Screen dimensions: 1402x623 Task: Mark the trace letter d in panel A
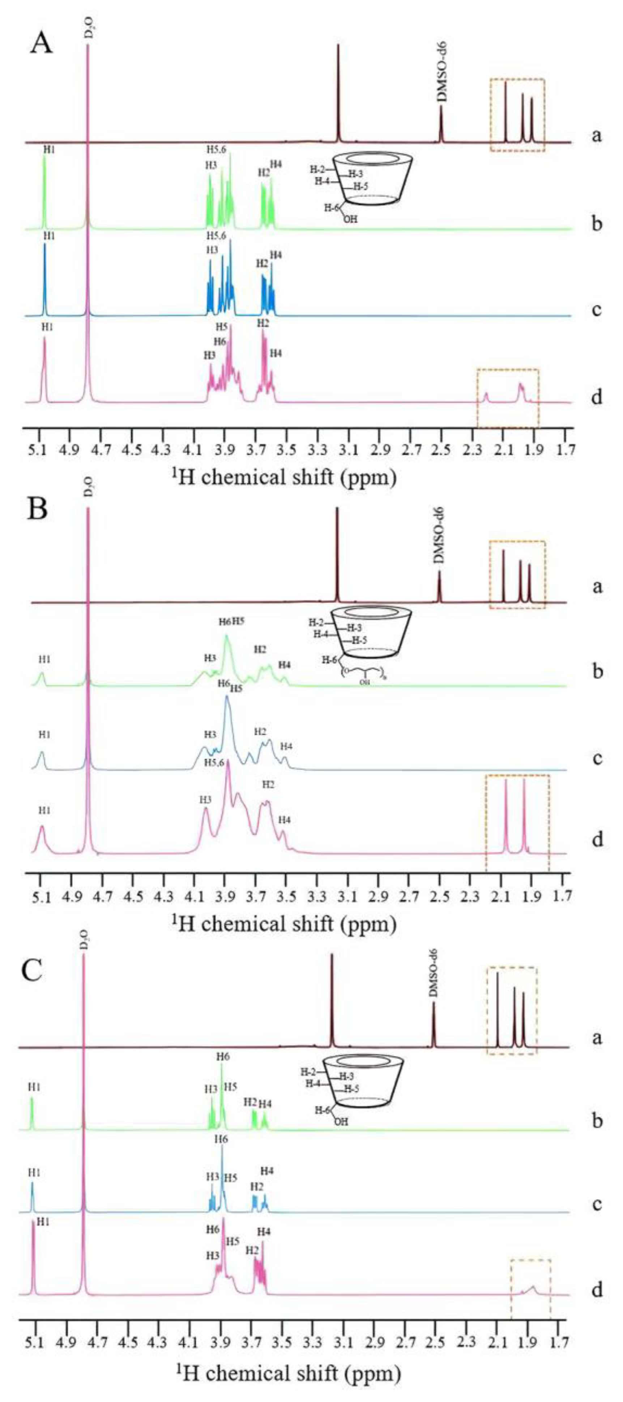click(597, 397)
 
